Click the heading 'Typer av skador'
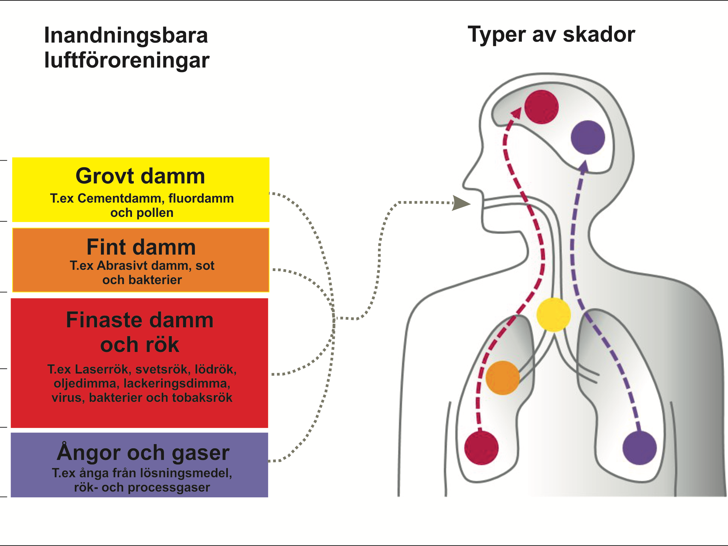(x=551, y=35)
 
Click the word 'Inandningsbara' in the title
(x=126, y=36)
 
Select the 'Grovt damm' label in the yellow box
(x=140, y=176)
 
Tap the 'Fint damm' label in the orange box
(x=141, y=247)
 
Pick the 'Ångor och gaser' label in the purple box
(x=143, y=453)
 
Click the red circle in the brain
(x=541, y=107)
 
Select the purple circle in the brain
(x=588, y=137)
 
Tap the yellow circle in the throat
(x=553, y=315)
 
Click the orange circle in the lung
(x=503, y=378)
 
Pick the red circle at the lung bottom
(x=481, y=448)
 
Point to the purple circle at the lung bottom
(x=640, y=448)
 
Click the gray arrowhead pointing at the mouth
(x=461, y=203)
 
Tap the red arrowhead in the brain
(x=517, y=113)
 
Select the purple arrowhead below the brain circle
(x=584, y=166)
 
